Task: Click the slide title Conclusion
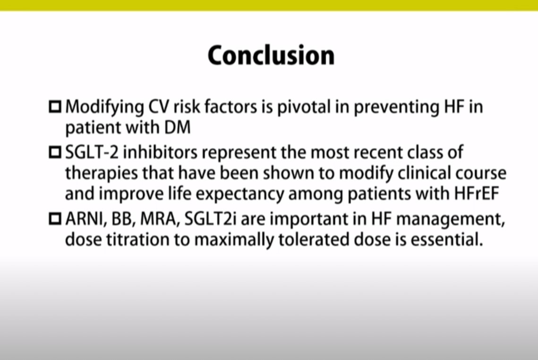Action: (x=271, y=55)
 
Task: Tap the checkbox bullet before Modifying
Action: (x=55, y=107)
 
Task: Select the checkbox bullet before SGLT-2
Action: (x=55, y=153)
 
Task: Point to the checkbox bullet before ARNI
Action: (x=55, y=219)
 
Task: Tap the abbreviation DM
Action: (x=177, y=127)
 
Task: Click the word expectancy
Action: (x=240, y=194)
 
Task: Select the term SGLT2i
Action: (x=210, y=219)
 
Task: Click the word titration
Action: (x=137, y=240)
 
